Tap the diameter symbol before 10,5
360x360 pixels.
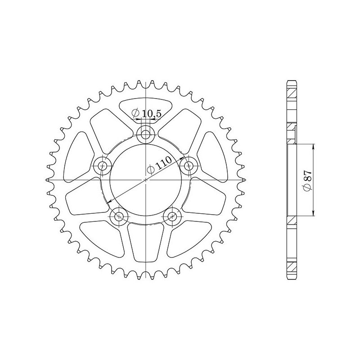point(135,114)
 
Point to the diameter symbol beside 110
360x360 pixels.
point(150,170)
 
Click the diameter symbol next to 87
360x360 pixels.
point(307,188)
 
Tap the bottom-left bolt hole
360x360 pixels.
point(119,216)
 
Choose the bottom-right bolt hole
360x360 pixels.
point(171,216)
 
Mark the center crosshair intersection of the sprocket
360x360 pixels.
point(145,180)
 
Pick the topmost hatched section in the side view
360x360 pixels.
point(292,92)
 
